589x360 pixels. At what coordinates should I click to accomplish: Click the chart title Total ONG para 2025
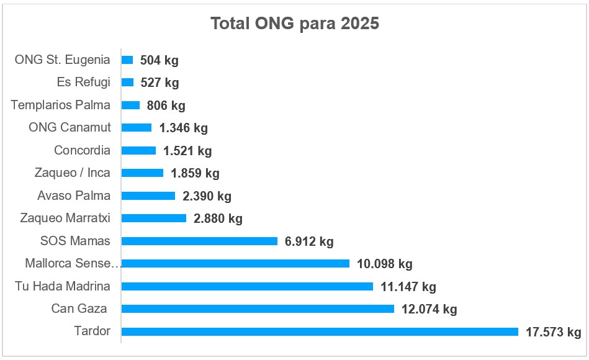295,24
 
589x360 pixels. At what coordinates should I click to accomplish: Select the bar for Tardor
320,331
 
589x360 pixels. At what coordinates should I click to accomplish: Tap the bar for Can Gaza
258,308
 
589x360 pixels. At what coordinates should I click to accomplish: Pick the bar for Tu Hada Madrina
247,286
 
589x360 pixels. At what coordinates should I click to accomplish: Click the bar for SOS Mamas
199,241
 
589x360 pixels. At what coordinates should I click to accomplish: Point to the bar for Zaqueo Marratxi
154,218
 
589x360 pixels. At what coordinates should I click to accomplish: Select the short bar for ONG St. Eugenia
127,60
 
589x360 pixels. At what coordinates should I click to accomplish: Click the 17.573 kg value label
553,332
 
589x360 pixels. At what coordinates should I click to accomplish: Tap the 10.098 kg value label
384,264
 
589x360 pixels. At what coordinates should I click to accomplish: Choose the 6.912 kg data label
309,241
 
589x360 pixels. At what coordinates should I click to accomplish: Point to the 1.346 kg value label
183,128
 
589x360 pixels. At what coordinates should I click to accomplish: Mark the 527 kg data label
160,83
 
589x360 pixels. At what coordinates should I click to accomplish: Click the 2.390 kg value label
207,196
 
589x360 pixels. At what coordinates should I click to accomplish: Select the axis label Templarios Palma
61,105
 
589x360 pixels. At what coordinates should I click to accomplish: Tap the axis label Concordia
82,150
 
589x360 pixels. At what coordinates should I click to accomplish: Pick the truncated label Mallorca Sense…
72,263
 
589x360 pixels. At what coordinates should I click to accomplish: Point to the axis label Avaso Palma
74,196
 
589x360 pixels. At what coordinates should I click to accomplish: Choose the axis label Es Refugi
83,82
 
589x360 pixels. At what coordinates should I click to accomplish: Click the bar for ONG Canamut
137,128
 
